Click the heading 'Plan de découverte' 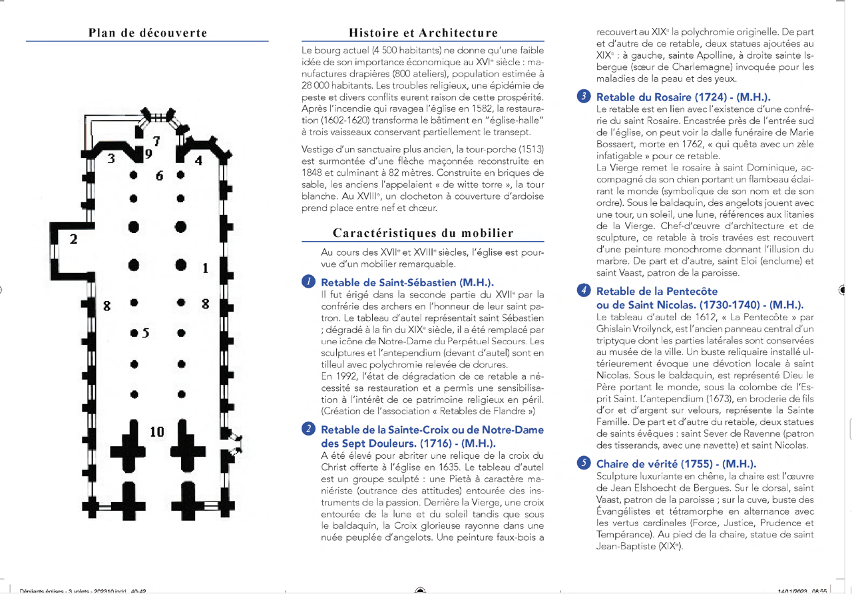tap(148, 33)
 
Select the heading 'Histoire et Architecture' tap(423, 33)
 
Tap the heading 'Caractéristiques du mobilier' tap(423, 233)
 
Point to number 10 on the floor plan tap(156, 432)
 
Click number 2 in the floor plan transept tap(73, 238)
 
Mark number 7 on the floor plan tap(156, 141)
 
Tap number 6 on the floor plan tap(159, 176)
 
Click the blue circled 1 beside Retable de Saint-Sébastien tap(308, 282)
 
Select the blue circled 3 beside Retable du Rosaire tap(584, 97)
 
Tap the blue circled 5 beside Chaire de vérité tap(584, 463)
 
